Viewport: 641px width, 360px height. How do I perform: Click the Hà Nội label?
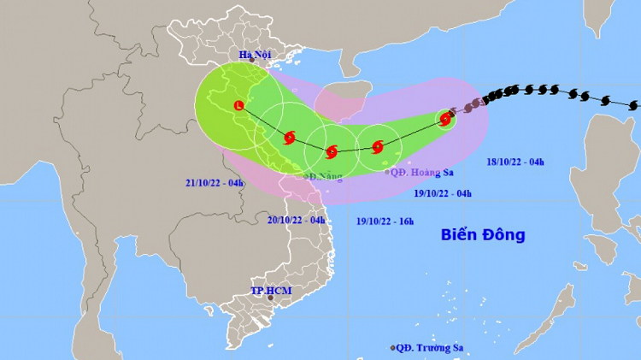point(256,55)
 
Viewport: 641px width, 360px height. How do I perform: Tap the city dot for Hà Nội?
point(252,62)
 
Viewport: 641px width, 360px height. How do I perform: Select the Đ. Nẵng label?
point(325,176)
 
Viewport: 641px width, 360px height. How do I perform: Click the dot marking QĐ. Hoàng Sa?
point(386,172)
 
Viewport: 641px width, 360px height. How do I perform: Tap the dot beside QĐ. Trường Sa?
point(393,348)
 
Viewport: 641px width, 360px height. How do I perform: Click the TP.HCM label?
point(271,291)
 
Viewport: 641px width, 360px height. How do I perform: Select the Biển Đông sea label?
point(483,233)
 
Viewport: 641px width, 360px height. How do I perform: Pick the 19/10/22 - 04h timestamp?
point(443,194)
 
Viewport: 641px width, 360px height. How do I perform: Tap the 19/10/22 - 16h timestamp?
point(385,222)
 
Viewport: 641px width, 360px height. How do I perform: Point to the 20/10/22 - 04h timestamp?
point(297,220)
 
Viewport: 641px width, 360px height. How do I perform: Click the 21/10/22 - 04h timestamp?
point(215,183)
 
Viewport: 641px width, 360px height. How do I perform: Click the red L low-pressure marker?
point(238,106)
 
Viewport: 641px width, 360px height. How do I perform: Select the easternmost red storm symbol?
point(445,120)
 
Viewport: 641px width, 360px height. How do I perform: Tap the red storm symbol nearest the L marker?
point(289,137)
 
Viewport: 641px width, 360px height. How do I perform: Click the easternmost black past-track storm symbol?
point(632,105)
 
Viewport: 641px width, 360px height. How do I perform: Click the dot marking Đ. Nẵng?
point(309,177)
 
